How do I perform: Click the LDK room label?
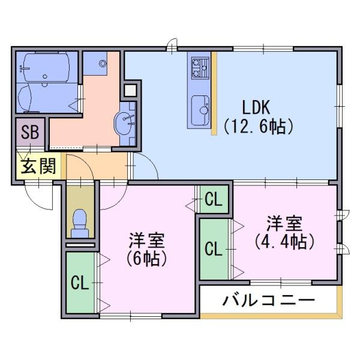click(x=257, y=107)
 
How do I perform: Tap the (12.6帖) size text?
click(x=257, y=127)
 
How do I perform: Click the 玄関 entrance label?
click(x=37, y=167)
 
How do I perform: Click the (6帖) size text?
click(x=146, y=259)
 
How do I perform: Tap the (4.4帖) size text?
click(x=284, y=241)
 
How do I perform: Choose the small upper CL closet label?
click(x=214, y=199)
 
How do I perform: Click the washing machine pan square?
click(x=96, y=62)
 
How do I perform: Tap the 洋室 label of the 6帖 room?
click(x=146, y=241)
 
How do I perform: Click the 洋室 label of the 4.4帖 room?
click(x=284, y=224)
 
